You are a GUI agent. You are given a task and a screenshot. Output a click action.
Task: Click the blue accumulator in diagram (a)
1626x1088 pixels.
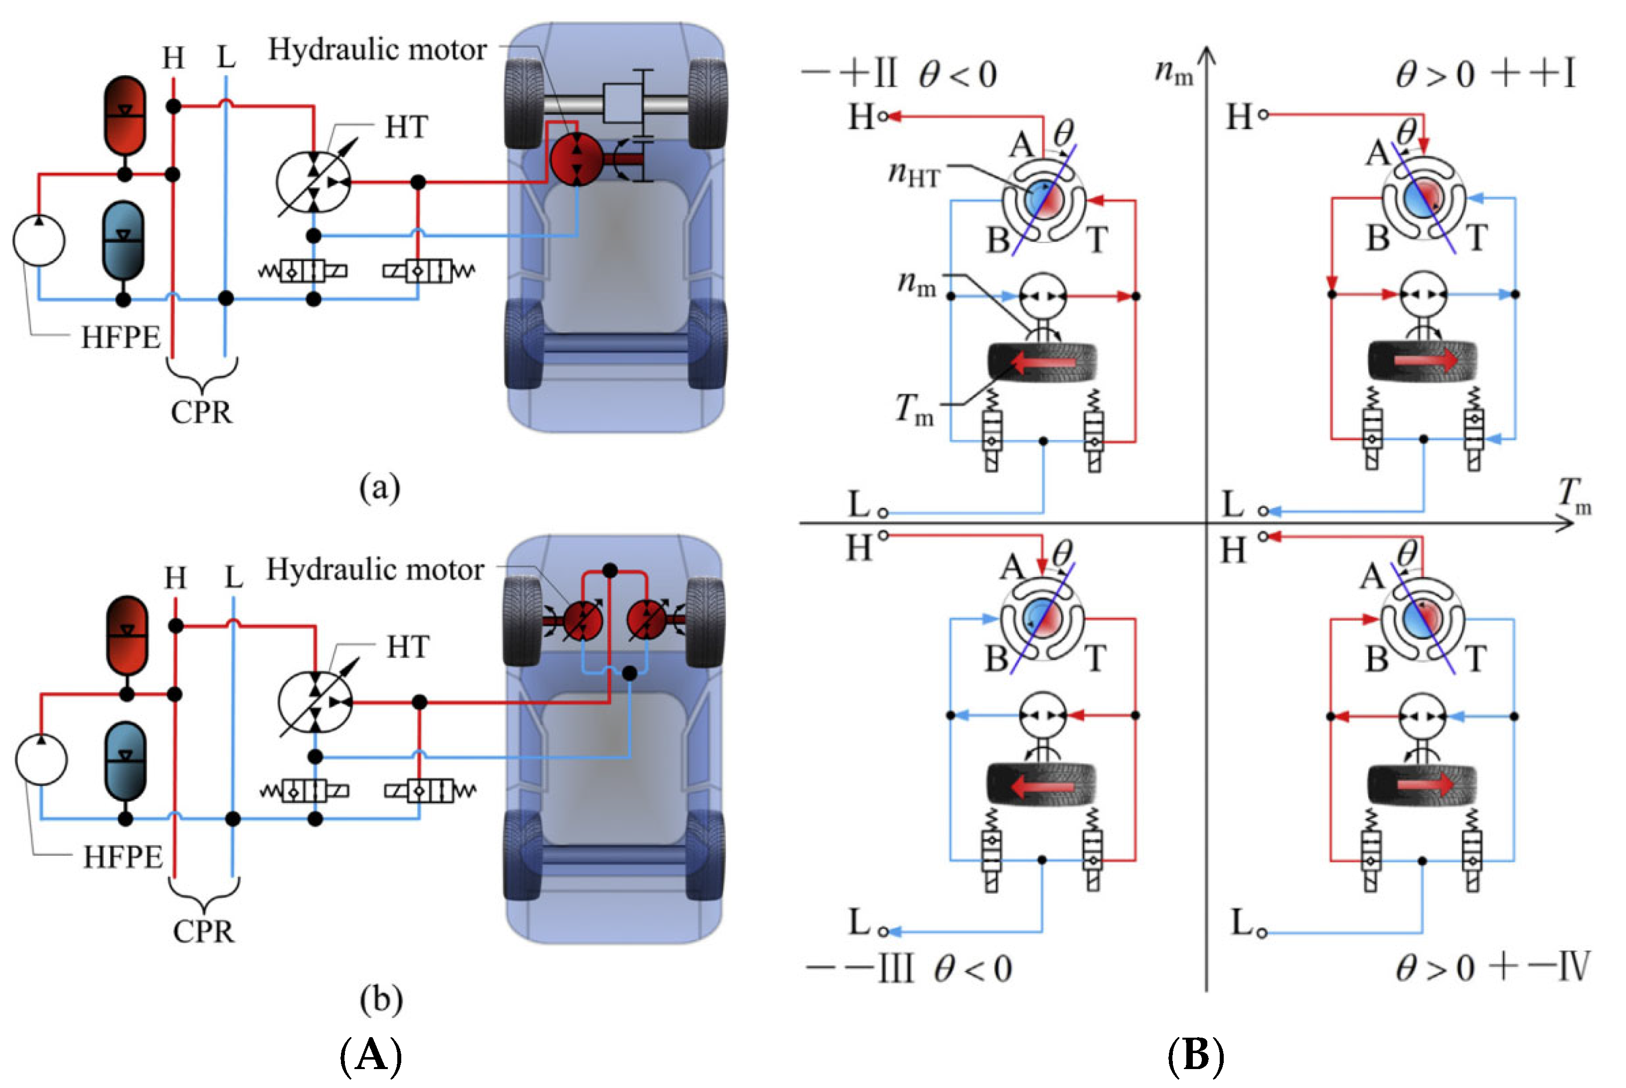124,241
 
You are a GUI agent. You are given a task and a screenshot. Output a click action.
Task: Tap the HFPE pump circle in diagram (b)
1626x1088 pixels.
41,759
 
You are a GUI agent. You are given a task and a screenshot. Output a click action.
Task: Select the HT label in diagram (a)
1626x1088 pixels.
407,128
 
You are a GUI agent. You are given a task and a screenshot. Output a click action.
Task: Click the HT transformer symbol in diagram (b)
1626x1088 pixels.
316,702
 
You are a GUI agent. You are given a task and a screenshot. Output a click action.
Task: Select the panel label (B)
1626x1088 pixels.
1195,1056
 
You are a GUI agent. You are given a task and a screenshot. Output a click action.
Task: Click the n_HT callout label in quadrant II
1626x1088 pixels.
915,173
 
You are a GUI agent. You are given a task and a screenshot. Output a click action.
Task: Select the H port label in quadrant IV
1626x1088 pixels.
1233,551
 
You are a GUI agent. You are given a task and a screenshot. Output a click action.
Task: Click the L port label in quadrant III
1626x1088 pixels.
859,922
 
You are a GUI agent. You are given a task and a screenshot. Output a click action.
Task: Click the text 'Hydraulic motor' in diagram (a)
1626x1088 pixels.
377,50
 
